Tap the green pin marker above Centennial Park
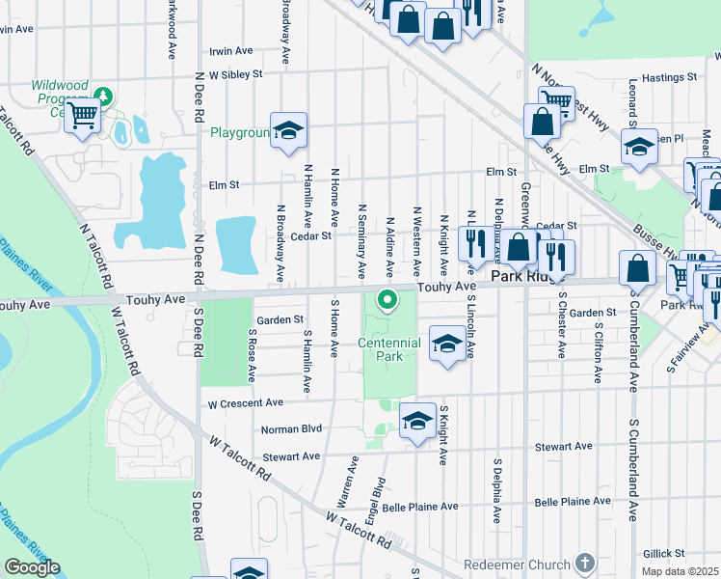(x=388, y=301)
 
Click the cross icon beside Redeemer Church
(x=584, y=563)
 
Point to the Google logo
(x=32, y=567)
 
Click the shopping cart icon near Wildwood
(x=83, y=117)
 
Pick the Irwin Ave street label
(x=230, y=51)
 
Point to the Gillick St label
(x=665, y=554)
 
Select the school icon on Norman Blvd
(x=417, y=423)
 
